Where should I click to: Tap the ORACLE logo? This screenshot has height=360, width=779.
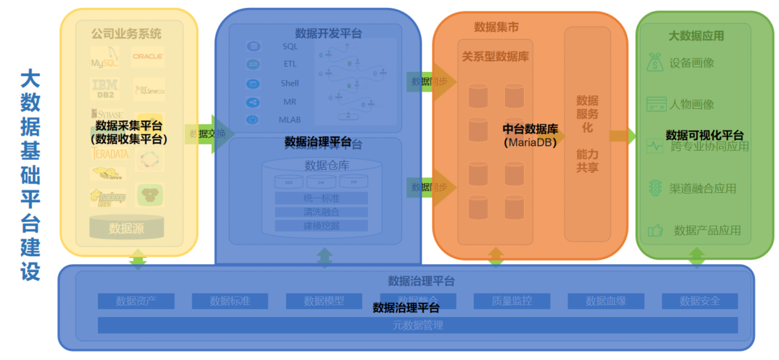click(x=147, y=57)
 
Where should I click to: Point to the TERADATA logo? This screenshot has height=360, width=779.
click(x=109, y=153)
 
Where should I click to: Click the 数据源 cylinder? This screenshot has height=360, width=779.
click(x=127, y=229)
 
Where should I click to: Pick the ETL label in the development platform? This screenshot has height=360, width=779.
click(x=290, y=65)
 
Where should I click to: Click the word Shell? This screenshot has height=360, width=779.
click(x=290, y=83)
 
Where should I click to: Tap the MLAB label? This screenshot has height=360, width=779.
click(x=290, y=120)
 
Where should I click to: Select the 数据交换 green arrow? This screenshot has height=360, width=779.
click(x=210, y=134)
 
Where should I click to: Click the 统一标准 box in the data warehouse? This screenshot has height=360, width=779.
click(x=321, y=198)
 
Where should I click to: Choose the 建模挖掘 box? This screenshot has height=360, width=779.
click(x=321, y=226)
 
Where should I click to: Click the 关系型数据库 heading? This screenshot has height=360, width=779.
click(x=495, y=57)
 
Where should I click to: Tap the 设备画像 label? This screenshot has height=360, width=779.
click(x=691, y=63)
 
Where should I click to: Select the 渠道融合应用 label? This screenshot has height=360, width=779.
click(x=702, y=188)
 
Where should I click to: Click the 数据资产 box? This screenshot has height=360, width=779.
click(x=136, y=301)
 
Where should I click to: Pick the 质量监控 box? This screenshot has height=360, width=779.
click(x=511, y=301)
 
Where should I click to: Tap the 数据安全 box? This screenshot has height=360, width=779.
click(x=700, y=301)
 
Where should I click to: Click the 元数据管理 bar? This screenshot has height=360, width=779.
click(x=418, y=325)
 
